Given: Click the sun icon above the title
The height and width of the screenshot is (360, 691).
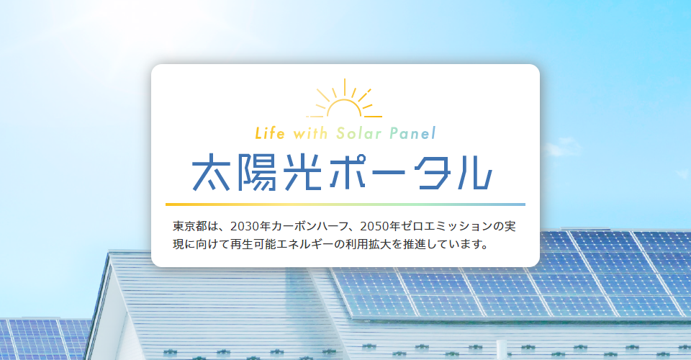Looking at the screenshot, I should [344, 101].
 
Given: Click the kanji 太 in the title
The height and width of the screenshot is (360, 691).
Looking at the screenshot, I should [214, 171].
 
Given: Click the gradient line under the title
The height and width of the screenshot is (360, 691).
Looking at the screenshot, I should [345, 204].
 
